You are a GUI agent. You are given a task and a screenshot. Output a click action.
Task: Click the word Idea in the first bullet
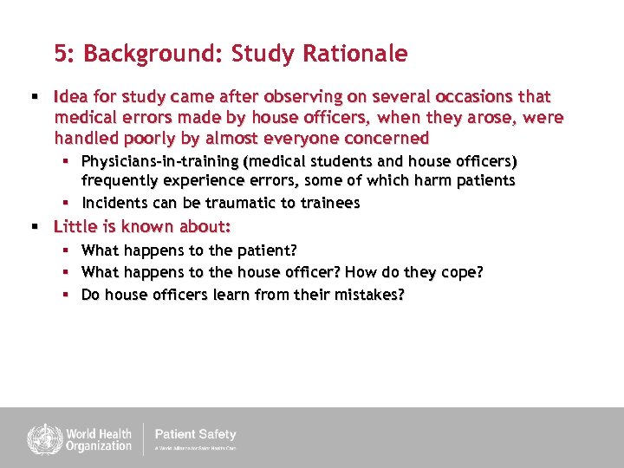[x=68, y=96]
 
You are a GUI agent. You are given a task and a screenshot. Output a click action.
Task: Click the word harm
[x=436, y=180]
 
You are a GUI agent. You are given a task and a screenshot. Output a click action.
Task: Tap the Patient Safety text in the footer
[x=195, y=434]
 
